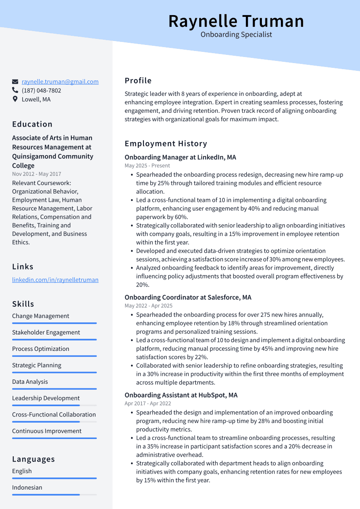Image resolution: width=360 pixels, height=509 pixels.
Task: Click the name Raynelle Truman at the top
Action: (236, 21)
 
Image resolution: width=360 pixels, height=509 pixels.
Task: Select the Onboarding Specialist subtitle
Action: (236, 35)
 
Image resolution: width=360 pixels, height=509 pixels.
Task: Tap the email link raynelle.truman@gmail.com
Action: (60, 81)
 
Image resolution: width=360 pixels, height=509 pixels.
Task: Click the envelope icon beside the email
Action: (15, 82)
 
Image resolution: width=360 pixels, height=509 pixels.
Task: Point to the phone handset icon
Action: (15, 90)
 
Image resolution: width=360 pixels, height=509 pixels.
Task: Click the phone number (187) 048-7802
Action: (41, 90)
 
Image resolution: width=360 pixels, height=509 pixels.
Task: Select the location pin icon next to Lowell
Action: (15, 99)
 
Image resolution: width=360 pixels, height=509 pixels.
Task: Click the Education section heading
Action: (32, 124)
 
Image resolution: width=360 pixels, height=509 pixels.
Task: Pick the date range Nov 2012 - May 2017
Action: (37, 174)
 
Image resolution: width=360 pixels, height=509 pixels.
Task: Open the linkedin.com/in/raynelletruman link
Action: (55, 280)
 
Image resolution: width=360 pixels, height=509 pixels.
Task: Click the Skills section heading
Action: (23, 304)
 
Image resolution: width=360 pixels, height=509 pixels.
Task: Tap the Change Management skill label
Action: (41, 316)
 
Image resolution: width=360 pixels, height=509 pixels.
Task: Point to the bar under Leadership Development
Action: (54, 405)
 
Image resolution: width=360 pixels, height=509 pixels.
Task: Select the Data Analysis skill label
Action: (30, 382)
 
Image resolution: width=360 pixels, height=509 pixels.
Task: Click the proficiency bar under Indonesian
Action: (54, 495)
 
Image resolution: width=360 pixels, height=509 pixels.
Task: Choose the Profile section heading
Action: (138, 80)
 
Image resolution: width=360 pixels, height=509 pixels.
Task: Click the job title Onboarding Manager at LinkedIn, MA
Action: (180, 157)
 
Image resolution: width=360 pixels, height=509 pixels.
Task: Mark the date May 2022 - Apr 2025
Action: (148, 305)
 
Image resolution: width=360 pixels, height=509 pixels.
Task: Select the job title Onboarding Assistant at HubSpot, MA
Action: (181, 395)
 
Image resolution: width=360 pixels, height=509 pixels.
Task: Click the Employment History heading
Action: (166, 143)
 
